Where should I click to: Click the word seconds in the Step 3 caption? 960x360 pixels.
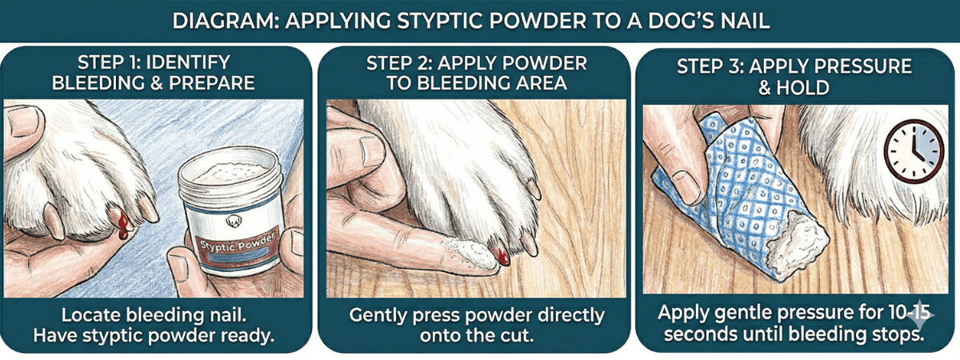(693, 336)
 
